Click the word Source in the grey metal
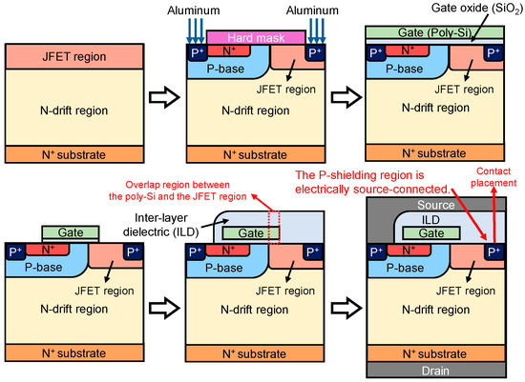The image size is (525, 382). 435,205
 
